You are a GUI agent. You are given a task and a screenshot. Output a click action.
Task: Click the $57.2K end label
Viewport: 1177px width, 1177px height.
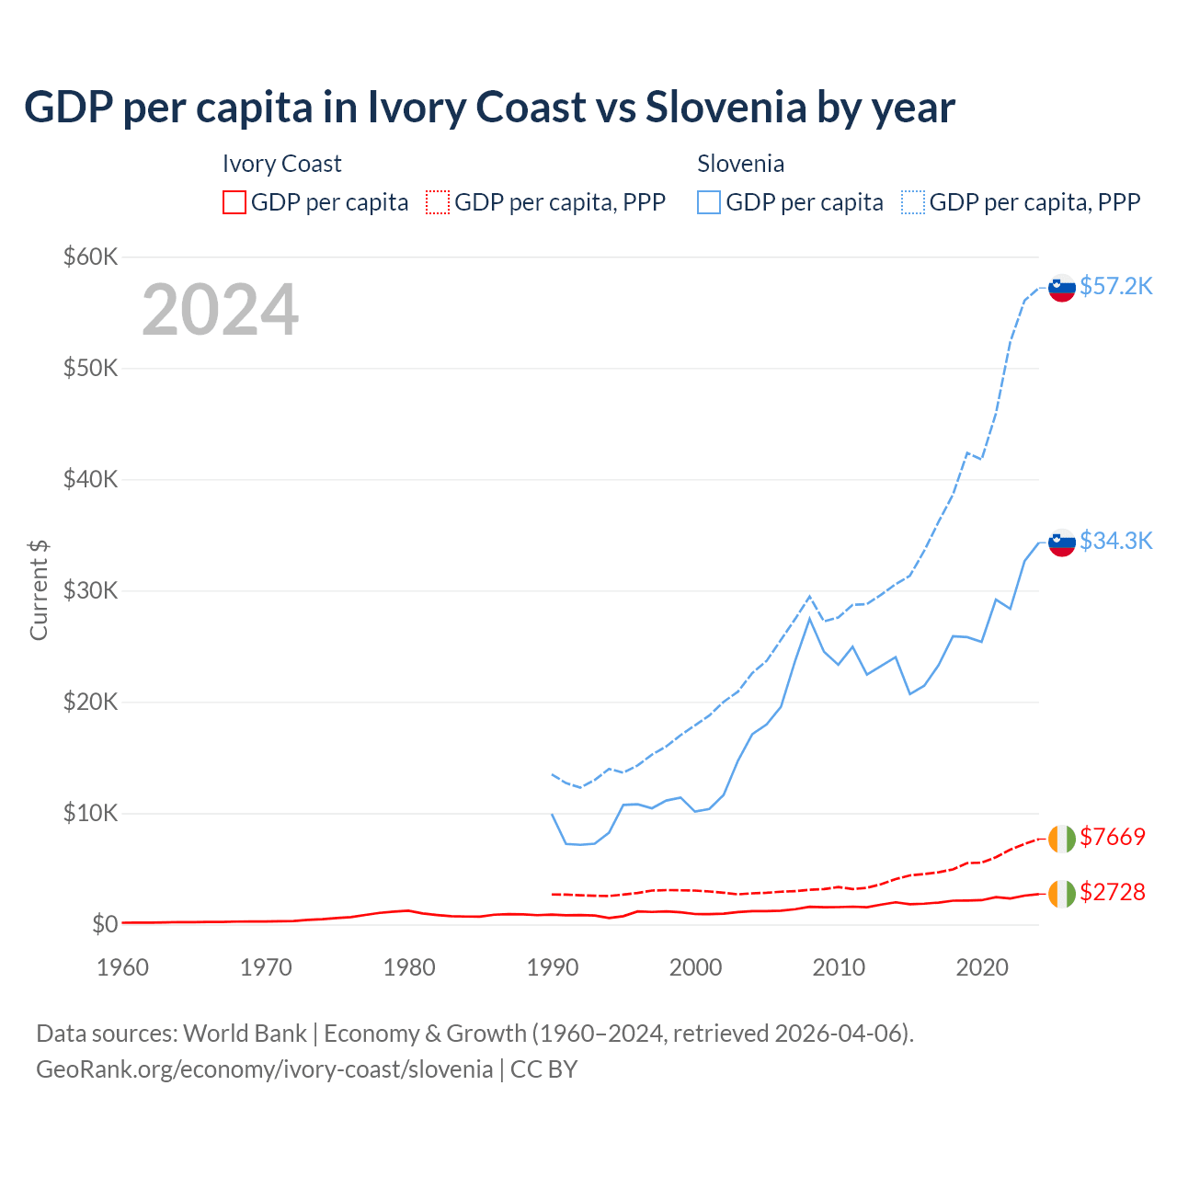click(x=1115, y=286)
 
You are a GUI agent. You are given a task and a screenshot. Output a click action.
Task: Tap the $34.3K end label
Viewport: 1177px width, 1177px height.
click(x=1115, y=541)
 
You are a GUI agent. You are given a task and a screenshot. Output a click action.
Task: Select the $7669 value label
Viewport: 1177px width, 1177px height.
click(x=1113, y=837)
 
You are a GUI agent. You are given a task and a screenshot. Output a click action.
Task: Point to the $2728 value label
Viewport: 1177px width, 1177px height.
click(x=1113, y=892)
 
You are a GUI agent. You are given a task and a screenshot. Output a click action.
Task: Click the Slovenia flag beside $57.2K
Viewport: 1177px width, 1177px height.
click(x=1062, y=288)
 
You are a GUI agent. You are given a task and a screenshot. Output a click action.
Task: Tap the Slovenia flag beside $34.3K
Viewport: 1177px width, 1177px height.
click(x=1062, y=543)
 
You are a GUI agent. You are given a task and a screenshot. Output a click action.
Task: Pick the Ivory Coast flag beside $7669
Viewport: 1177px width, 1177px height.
click(x=1061, y=839)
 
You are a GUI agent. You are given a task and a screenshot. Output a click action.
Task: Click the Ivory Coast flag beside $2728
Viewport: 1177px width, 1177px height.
click(x=1061, y=894)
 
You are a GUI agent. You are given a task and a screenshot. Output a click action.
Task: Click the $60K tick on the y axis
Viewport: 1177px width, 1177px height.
click(x=91, y=257)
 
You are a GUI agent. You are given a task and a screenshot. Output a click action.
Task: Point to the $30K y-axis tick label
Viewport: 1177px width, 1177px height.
click(x=91, y=590)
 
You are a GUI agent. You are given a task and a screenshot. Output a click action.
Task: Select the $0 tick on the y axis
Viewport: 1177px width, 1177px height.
click(x=104, y=924)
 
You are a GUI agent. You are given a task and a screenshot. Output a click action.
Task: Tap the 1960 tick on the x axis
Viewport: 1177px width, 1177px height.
click(x=123, y=967)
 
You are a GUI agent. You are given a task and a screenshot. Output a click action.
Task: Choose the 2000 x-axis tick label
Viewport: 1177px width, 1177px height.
click(x=696, y=967)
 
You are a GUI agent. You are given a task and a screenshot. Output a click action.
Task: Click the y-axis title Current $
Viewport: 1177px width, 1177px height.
click(x=39, y=589)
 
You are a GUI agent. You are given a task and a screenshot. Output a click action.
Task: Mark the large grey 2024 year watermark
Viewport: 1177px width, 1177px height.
click(x=220, y=310)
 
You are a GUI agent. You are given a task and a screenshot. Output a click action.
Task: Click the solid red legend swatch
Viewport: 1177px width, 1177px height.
click(x=234, y=202)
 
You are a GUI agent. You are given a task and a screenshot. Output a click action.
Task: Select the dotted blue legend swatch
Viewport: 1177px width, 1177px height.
click(x=913, y=202)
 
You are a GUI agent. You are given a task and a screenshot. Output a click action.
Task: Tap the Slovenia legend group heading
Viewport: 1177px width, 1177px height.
click(x=740, y=164)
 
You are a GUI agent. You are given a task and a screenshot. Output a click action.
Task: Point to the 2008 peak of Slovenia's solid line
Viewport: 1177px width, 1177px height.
click(x=809, y=618)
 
